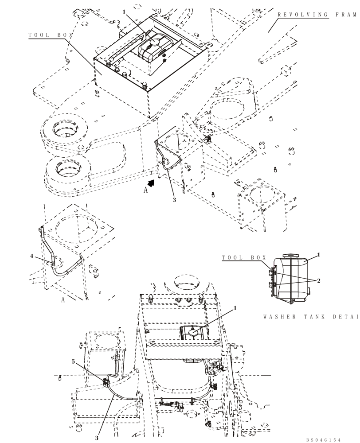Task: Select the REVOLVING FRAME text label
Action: click(317, 15)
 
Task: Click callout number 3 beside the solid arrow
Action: click(174, 200)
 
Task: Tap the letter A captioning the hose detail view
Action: click(63, 299)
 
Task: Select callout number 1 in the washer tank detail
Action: click(318, 255)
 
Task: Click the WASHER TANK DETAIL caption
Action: click(310, 317)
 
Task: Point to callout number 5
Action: click(74, 361)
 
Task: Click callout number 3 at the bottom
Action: click(96, 438)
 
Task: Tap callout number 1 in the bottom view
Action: click(235, 307)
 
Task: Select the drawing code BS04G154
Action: click(323, 439)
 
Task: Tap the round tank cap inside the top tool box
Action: click(155, 41)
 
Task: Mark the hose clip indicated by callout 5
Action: click(106, 381)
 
